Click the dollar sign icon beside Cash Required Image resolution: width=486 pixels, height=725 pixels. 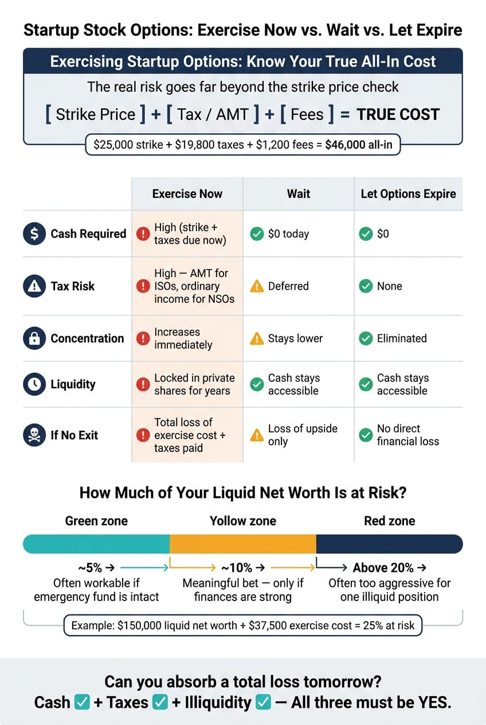tap(34, 233)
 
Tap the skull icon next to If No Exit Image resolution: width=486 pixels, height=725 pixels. tap(34, 435)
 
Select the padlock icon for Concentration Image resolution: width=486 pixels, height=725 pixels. tap(34, 338)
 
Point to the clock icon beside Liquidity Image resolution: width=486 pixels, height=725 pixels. tap(34, 384)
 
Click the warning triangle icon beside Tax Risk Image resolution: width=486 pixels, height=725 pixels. tap(34, 286)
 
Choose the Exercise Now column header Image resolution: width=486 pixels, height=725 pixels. tap(187, 194)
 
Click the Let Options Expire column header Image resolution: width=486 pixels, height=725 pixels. tap(409, 194)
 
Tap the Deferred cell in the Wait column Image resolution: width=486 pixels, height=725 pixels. tap(288, 286)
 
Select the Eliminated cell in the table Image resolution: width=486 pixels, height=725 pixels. tap(402, 338)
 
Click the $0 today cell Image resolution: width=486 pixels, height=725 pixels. tap(288, 233)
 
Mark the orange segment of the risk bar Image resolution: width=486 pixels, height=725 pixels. tap(243, 544)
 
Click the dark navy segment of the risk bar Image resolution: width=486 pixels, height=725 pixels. tap(389, 544)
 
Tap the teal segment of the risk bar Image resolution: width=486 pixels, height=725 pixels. tap(96, 544)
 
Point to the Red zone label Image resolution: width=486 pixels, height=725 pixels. tap(390, 521)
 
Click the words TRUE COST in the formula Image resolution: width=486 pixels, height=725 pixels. tap(398, 115)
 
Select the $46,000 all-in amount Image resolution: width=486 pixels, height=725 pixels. tap(359, 145)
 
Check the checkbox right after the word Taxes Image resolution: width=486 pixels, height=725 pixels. tap(160, 702)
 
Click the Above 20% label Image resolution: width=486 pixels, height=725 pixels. tap(383, 567)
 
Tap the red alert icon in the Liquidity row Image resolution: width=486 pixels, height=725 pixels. tap(143, 384)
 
